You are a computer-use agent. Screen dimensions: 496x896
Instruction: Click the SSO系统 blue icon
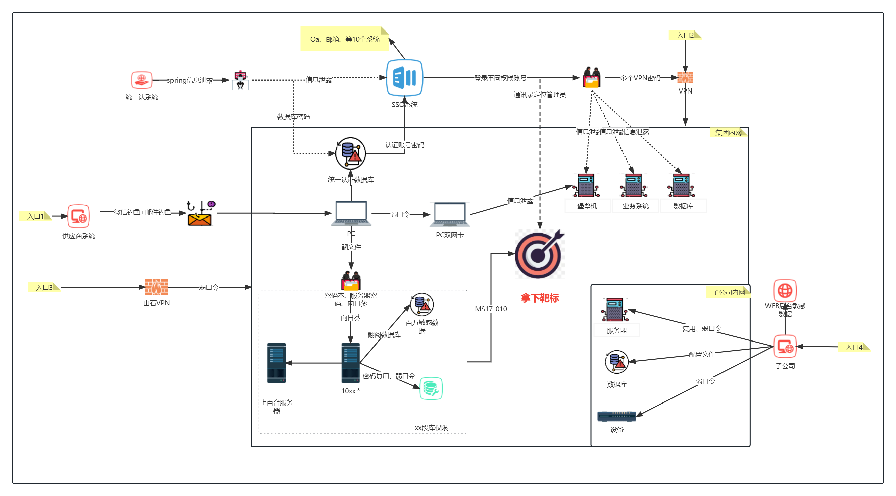404,77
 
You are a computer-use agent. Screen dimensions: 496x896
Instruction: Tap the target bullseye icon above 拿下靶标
539,254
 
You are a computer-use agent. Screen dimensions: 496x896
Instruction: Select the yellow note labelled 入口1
35,216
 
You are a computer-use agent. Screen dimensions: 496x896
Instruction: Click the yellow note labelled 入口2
685,35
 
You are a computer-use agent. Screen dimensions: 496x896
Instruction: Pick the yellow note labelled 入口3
44,287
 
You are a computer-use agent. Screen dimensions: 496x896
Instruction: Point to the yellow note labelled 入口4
854,347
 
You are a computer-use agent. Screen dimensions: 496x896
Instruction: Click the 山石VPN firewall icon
156,287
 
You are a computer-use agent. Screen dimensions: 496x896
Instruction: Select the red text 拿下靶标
540,298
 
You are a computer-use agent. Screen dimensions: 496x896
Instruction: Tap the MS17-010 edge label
491,309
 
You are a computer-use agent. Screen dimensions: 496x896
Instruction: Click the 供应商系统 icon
79,216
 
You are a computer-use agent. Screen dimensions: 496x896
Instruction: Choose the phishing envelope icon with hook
200,213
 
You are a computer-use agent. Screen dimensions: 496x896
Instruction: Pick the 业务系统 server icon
634,185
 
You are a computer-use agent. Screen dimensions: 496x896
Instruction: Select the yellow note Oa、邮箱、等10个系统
344,39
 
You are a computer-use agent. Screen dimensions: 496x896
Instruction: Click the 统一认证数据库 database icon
351,153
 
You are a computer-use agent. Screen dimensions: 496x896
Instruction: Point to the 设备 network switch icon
616,416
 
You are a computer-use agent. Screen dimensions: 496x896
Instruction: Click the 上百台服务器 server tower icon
277,363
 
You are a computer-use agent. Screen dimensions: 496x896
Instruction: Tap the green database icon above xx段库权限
431,388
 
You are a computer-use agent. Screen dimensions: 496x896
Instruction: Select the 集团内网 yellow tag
728,132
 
